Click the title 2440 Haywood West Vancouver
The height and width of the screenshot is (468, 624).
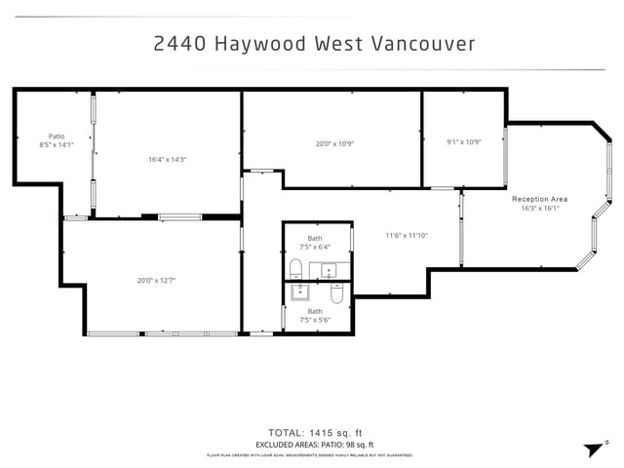(x=314, y=44)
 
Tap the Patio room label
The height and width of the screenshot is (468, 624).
(x=57, y=136)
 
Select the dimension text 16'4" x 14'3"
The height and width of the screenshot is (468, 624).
(x=167, y=159)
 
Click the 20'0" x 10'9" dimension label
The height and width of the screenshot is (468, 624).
(x=333, y=143)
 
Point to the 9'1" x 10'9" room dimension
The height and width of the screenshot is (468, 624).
(x=464, y=141)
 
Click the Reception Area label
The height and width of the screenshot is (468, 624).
(x=539, y=199)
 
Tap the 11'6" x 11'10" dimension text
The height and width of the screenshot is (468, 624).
(x=407, y=235)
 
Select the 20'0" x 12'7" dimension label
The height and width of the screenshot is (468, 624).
(x=156, y=280)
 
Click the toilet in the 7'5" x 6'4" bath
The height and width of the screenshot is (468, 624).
(x=296, y=268)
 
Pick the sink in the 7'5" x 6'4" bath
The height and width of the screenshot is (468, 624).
(x=329, y=269)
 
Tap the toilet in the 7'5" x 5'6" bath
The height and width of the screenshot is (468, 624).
(x=336, y=292)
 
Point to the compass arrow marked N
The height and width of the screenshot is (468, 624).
(x=594, y=448)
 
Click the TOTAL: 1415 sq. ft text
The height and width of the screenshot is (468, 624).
(x=314, y=432)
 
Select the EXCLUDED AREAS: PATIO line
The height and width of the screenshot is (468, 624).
(x=314, y=444)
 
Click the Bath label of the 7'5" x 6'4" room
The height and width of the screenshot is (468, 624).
(x=315, y=238)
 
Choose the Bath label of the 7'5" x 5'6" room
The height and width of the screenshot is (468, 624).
(x=315, y=311)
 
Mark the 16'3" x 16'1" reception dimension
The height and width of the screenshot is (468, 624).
(x=539, y=208)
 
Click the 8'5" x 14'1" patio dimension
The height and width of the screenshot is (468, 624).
(x=57, y=144)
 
